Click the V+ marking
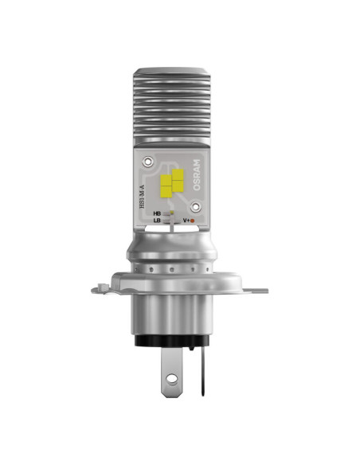[x=188, y=220]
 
